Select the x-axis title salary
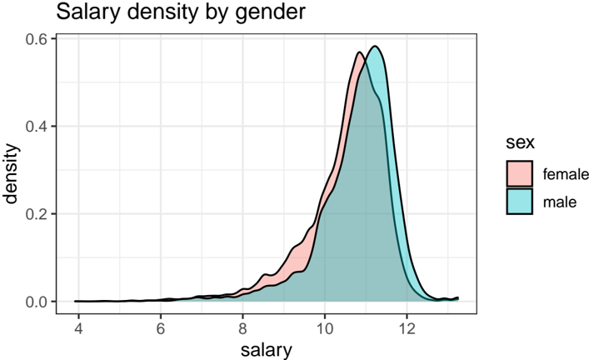[x=267, y=349]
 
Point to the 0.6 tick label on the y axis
[x=35, y=39]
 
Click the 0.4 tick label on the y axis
[x=35, y=127]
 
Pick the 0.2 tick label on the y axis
[x=35, y=214]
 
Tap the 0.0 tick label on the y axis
[x=35, y=302]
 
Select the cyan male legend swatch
[x=520, y=201]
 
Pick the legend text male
[x=560, y=201]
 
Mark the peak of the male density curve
[x=375, y=47]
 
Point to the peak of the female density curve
[x=359, y=52]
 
